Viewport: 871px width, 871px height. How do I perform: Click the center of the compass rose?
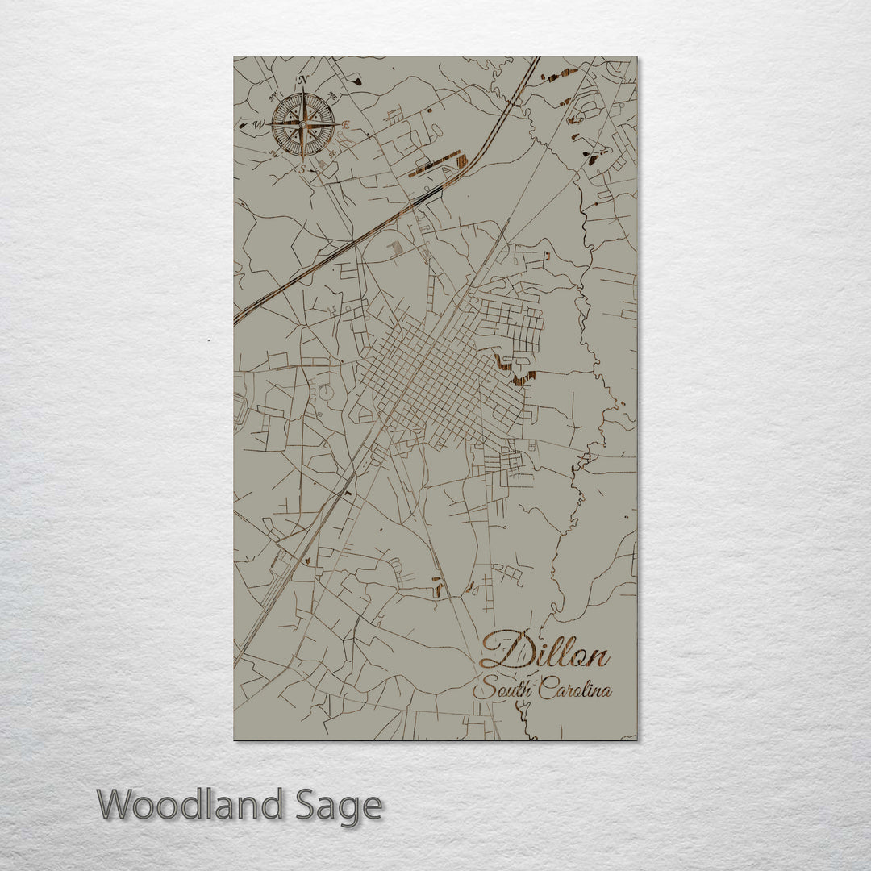pyautogui.click(x=303, y=124)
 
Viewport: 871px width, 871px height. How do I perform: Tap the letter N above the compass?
pyautogui.click(x=303, y=80)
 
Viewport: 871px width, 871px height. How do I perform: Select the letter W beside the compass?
pyautogui.click(x=259, y=125)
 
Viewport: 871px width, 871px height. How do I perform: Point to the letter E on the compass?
pyautogui.click(x=347, y=125)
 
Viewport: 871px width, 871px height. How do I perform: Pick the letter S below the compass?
pyautogui.click(x=303, y=169)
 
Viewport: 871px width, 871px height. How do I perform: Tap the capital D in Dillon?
pyautogui.click(x=502, y=650)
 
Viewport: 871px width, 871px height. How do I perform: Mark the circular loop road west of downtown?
pyautogui.click(x=327, y=394)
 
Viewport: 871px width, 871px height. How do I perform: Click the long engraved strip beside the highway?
pyautogui.click(x=435, y=164)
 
